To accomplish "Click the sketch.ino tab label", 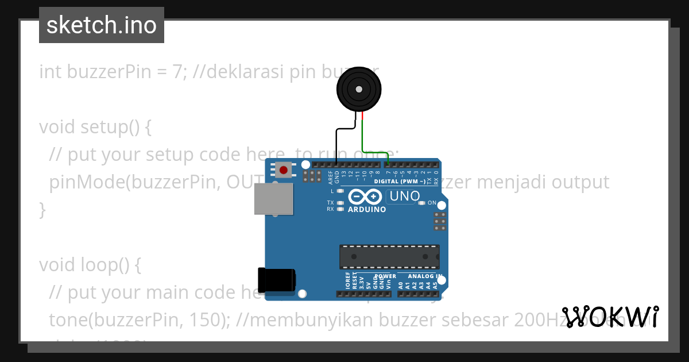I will [x=102, y=25].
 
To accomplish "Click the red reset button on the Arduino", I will [x=283, y=170].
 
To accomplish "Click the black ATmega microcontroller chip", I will [x=389, y=256].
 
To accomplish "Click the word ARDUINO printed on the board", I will [x=367, y=210].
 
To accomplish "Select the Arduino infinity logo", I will [x=365, y=197].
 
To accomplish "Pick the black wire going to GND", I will [x=337, y=144].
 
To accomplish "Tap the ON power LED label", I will [x=432, y=203].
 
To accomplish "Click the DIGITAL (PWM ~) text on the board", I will [x=400, y=182].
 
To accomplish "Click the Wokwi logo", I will [x=610, y=317].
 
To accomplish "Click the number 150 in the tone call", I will [x=207, y=320].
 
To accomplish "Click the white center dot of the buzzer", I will [x=359, y=89].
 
